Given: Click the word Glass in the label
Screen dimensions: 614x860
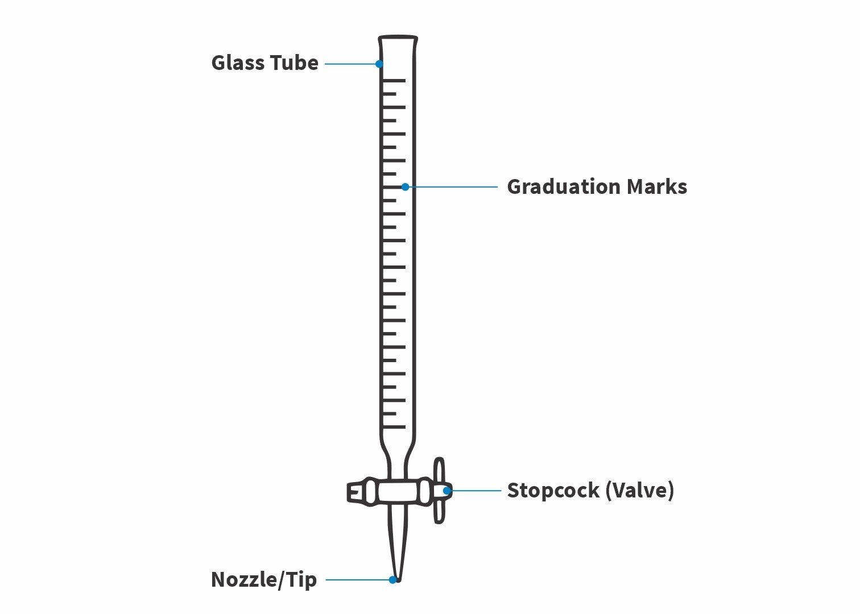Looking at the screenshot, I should click(x=237, y=63).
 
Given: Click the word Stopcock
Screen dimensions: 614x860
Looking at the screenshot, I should click(x=552, y=490).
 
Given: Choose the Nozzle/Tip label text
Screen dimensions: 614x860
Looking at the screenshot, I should click(x=264, y=579).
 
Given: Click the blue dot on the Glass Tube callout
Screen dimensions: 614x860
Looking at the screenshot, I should click(x=379, y=64).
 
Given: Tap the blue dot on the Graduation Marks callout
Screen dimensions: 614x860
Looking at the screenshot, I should click(x=405, y=186).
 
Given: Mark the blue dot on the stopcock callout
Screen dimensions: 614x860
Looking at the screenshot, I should click(x=447, y=490).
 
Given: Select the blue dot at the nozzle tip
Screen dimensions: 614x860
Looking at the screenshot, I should click(x=392, y=580).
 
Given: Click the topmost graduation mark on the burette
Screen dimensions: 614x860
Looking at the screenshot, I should click(x=394, y=81).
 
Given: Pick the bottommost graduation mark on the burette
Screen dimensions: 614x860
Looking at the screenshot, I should click(x=394, y=427).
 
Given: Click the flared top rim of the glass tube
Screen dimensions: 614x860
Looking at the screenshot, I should click(x=398, y=39).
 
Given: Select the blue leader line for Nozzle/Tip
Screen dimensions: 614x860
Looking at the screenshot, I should click(x=358, y=580).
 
